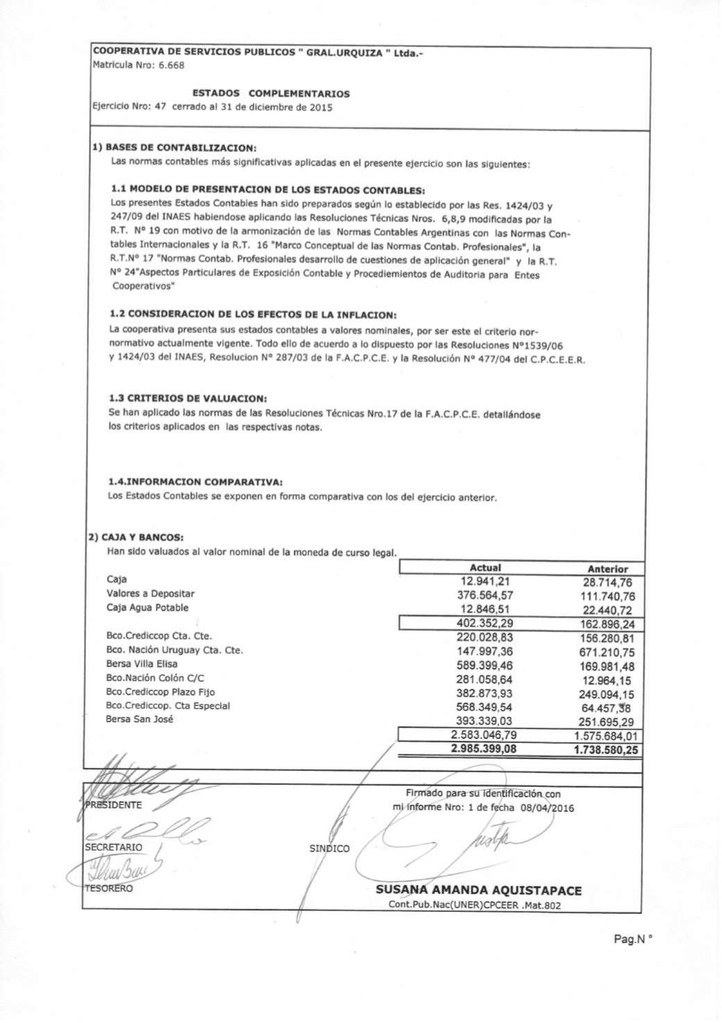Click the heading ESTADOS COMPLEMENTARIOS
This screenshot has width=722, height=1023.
pos(271,93)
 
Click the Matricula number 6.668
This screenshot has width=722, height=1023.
pos(171,65)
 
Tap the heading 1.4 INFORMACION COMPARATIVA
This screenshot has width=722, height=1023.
pos(196,481)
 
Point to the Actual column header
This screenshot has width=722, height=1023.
pos(485,567)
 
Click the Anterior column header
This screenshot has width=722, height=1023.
pos(607,569)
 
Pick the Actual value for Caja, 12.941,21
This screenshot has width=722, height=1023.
pos(485,581)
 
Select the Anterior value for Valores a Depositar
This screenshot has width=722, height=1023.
pos(607,597)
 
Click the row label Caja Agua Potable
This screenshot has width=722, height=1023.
pos(147,608)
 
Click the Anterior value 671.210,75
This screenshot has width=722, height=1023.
pos(607,652)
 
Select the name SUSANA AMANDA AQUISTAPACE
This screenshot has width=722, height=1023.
pos(478,890)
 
